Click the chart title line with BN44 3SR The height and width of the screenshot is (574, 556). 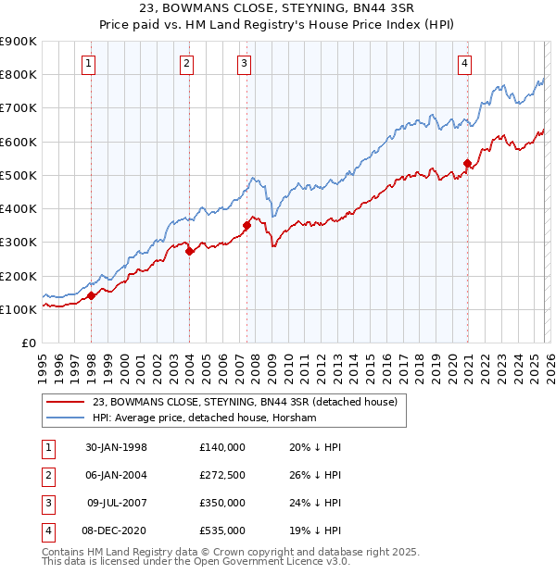pos(277,8)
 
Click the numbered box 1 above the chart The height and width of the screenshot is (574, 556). pos(87,63)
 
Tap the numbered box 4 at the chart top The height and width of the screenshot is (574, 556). pos(463,63)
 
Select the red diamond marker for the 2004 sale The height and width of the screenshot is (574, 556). pos(188,250)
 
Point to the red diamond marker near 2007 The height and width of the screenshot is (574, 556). pos(246,224)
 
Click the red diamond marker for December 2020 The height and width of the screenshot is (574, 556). pos(467,164)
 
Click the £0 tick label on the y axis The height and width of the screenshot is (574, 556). pos(28,343)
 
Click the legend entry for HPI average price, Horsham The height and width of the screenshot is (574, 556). pos(205,418)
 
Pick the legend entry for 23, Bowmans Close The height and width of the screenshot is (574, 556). pos(245,402)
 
